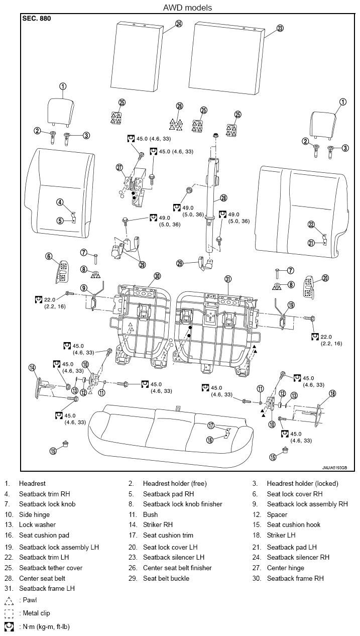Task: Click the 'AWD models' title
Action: (187, 8)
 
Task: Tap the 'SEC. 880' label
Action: (37, 19)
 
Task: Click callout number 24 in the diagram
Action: (179, 24)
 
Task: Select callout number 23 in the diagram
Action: (280, 29)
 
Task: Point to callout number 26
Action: (180, 106)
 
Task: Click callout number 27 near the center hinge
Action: (119, 167)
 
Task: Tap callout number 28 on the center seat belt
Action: (223, 198)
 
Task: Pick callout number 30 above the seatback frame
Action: (157, 276)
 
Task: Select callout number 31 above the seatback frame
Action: (228, 279)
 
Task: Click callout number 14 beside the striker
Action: (32, 368)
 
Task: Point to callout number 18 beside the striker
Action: (332, 393)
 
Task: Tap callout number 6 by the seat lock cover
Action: (49, 256)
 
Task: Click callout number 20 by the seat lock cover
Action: (325, 278)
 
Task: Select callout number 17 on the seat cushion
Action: (211, 426)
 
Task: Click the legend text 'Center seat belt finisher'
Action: (177, 568)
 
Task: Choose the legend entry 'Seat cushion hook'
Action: (293, 524)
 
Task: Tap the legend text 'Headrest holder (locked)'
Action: (302, 483)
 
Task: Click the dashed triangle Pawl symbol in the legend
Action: (9, 601)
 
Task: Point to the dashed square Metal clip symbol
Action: (9, 613)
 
